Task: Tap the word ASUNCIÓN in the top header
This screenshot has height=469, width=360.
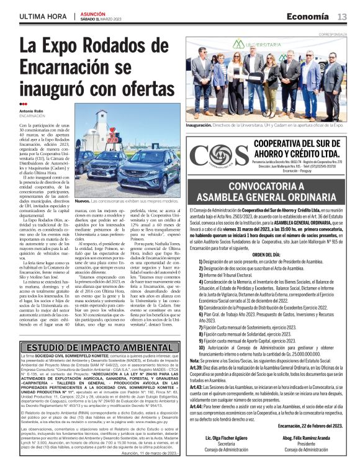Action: [x=95, y=12]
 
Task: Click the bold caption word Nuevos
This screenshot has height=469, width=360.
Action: [x=82, y=202]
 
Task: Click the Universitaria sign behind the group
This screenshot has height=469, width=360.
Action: [x=261, y=45]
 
